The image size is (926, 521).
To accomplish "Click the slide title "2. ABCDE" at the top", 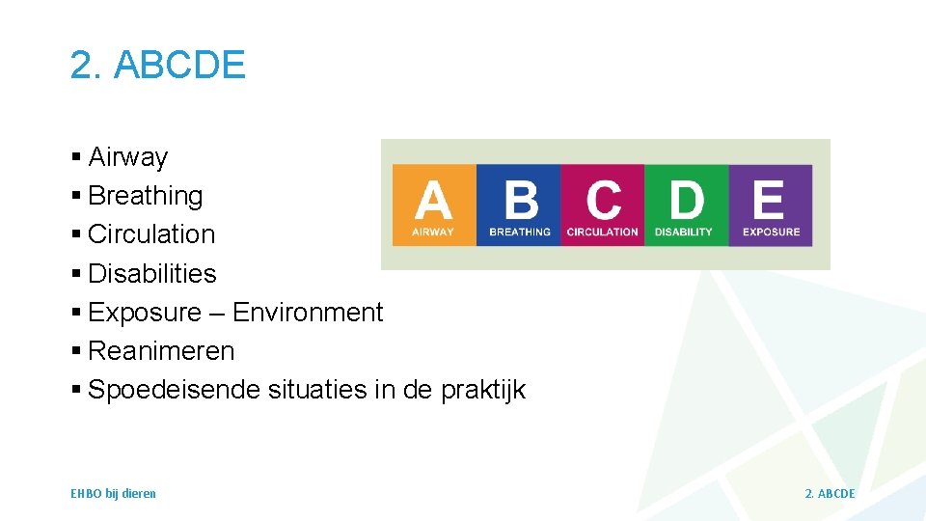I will (x=157, y=65).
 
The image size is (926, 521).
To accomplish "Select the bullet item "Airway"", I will (x=127, y=157).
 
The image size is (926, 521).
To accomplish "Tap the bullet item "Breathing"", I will (x=145, y=196).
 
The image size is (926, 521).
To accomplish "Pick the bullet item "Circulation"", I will (x=150, y=234).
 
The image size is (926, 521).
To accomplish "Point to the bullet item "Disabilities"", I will (x=151, y=274).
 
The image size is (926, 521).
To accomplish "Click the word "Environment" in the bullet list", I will (x=308, y=313).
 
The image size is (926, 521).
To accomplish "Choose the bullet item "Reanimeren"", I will (x=160, y=351).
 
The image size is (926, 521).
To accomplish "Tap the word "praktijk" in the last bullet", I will (x=483, y=390).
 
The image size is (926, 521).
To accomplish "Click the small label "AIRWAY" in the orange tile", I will (x=433, y=232).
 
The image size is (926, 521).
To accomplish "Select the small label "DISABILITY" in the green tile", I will (x=684, y=232).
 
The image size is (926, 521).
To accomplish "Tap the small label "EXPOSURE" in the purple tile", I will (x=771, y=232).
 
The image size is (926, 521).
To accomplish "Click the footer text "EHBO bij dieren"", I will (x=113, y=494).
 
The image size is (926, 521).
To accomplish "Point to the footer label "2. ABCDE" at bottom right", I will (x=830, y=494).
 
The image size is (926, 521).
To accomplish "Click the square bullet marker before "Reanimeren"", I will (x=76, y=352).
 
